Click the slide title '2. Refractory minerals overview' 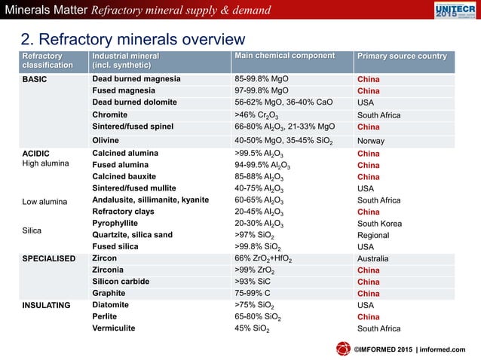[x=132, y=40]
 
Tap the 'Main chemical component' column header [x=284, y=56]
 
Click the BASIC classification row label [x=35, y=79]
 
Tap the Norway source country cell [x=370, y=140]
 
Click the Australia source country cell [x=374, y=258]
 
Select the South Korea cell [x=379, y=224]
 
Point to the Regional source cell [x=373, y=235]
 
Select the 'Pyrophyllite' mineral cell [x=117, y=224]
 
